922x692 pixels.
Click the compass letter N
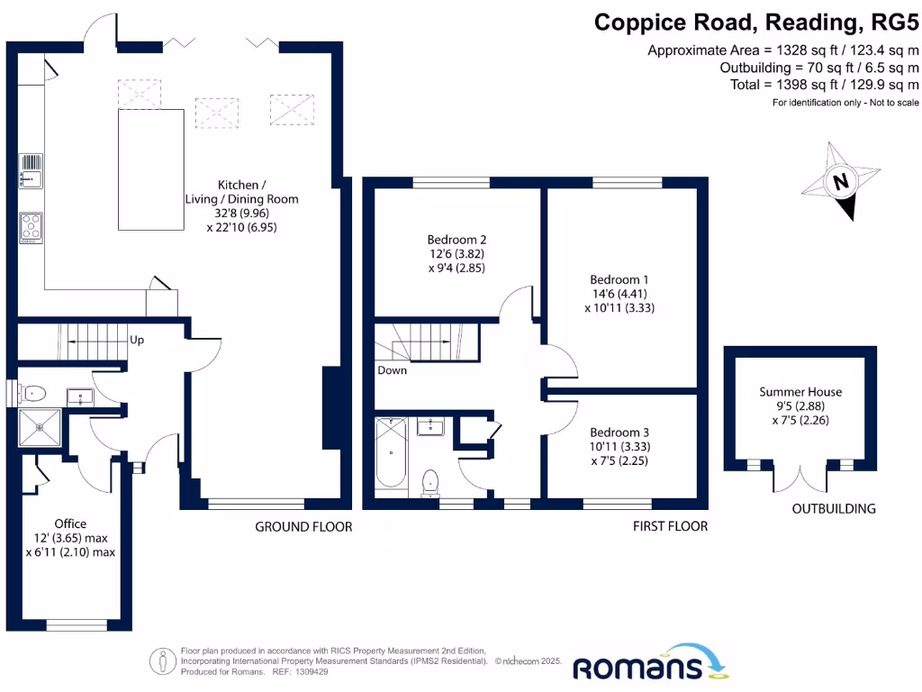pos(841,180)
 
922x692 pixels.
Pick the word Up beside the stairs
pos(137,340)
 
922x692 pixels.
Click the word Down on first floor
pos(393,370)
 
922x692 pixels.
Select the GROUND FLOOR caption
pos(303,526)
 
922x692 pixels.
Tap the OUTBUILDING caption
pos(834,508)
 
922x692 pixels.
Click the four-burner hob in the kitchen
pos(32,227)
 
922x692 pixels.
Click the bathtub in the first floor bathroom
pos(391,452)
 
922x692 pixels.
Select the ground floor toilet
pos(30,393)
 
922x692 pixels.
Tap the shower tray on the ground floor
pos(40,427)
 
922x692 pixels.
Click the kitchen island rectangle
pos(151,169)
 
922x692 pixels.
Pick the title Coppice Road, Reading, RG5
pos(756,23)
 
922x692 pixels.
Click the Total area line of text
pos(825,85)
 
